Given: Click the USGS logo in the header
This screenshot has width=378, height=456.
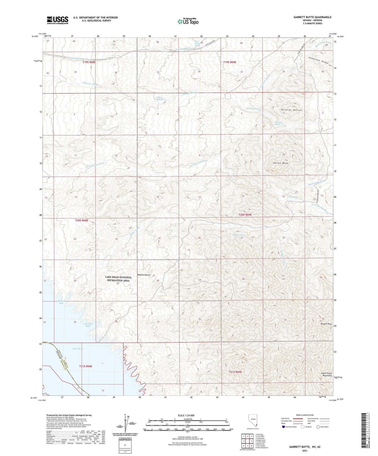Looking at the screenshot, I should coord(57,20).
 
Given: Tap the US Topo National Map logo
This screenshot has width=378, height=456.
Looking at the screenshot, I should coord(188,21).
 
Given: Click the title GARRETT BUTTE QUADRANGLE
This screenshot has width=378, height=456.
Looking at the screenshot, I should coord(312,17).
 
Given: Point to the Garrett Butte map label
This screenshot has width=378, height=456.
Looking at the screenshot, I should coord(281,163).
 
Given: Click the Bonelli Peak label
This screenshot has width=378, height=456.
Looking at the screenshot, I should coord(326,324).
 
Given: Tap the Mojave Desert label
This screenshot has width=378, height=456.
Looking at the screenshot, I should coord(144,275).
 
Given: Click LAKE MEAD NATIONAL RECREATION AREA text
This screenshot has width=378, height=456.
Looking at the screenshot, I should coord(119,279).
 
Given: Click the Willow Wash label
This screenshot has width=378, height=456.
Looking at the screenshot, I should coord(253,109).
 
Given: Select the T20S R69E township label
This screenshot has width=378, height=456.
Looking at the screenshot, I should coord(245,215).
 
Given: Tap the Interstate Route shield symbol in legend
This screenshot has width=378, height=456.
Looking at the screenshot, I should coord(284,427).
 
